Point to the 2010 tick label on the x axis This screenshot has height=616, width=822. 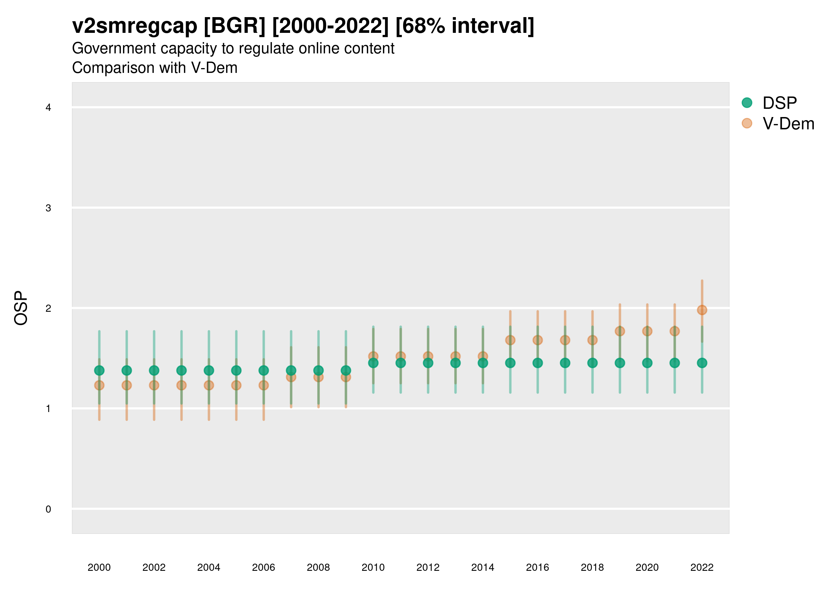click(x=373, y=567)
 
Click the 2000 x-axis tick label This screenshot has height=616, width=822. click(x=99, y=567)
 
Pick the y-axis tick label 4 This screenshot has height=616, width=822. click(x=48, y=108)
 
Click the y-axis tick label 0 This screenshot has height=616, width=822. click(x=48, y=509)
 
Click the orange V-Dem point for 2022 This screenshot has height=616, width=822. click(x=702, y=310)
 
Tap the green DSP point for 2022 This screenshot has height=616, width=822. click(x=702, y=363)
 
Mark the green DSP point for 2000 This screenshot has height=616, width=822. click(x=99, y=370)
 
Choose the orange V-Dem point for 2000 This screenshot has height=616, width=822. click(x=99, y=385)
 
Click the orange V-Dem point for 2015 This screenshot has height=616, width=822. click(x=510, y=340)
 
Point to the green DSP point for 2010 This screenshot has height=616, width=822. click(x=373, y=363)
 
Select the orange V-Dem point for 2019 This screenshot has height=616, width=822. click(x=620, y=331)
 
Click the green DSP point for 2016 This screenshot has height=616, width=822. click(x=537, y=363)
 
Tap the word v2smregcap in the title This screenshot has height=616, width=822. click(x=135, y=26)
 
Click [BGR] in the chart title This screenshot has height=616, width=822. click(x=235, y=26)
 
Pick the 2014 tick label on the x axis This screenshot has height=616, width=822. click(x=483, y=567)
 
